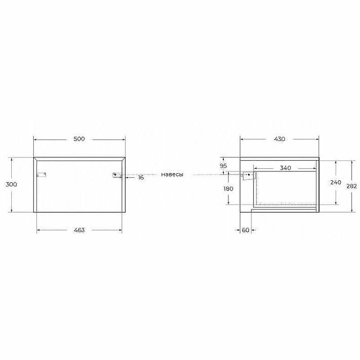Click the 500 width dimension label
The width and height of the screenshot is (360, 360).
(x=79, y=139)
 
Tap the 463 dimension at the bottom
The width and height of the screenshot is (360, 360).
(x=79, y=230)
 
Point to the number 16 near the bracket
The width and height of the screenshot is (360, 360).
(x=141, y=178)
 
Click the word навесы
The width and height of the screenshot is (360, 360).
(x=172, y=175)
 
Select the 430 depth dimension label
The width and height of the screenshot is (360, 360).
(x=279, y=139)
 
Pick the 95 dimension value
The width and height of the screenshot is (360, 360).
(x=224, y=166)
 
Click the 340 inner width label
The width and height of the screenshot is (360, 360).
(x=285, y=168)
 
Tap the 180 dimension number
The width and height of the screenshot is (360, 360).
(x=228, y=189)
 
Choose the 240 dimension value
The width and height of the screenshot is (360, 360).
(x=335, y=182)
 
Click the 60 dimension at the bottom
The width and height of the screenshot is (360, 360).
(x=245, y=230)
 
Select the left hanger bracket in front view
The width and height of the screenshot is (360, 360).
(x=42, y=175)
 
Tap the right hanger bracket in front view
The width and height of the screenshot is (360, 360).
(x=117, y=175)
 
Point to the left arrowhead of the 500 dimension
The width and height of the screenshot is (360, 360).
(x=36, y=139)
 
